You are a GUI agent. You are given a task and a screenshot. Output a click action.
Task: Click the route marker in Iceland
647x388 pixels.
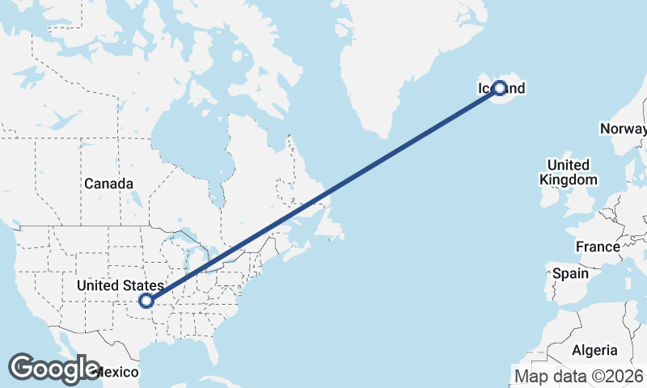point(499,87)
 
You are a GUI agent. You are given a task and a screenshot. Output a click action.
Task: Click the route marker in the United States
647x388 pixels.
point(146,301)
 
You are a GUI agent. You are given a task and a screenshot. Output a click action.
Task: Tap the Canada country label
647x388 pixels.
point(108,184)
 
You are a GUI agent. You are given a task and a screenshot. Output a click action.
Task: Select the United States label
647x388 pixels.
point(121,285)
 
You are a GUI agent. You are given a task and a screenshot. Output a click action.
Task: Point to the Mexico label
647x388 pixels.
point(117,372)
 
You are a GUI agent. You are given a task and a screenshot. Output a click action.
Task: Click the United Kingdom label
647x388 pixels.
point(569,172)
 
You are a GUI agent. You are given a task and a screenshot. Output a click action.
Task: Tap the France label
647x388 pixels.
point(597,247)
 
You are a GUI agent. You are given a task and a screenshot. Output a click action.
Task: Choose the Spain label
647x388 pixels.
point(570,273)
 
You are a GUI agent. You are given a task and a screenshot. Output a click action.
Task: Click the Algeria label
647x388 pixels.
point(594,350)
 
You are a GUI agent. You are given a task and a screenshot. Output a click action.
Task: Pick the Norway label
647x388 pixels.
point(622,129)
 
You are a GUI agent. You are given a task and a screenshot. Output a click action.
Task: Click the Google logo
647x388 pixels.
point(53,369)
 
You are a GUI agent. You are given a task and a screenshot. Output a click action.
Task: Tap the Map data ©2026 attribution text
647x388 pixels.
point(579,375)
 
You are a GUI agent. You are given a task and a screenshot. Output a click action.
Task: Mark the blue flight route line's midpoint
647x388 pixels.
point(323,194)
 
